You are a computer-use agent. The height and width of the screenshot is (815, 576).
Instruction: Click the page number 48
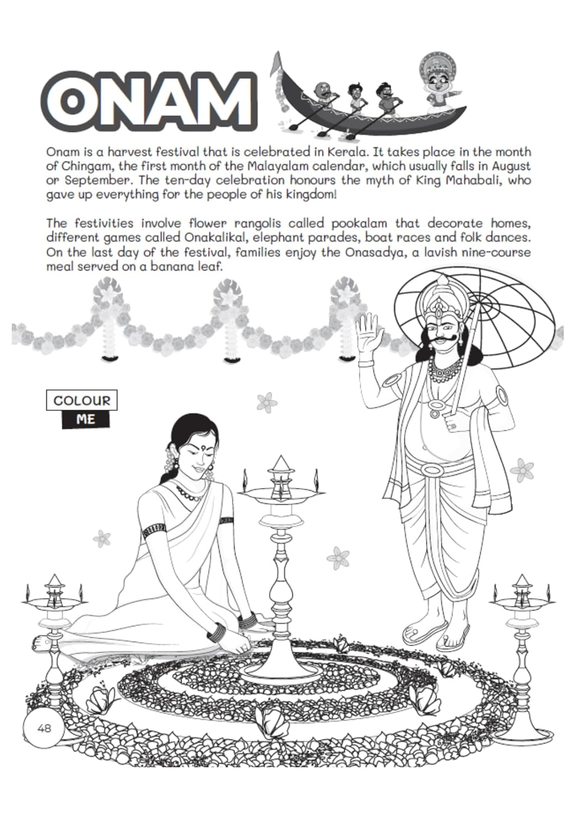44,727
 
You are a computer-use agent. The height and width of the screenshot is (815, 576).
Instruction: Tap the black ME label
85,419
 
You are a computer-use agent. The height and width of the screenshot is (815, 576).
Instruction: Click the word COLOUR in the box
82,401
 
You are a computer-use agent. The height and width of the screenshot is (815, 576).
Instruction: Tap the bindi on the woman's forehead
207,449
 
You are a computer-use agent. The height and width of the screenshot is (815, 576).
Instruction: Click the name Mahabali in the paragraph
475,180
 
